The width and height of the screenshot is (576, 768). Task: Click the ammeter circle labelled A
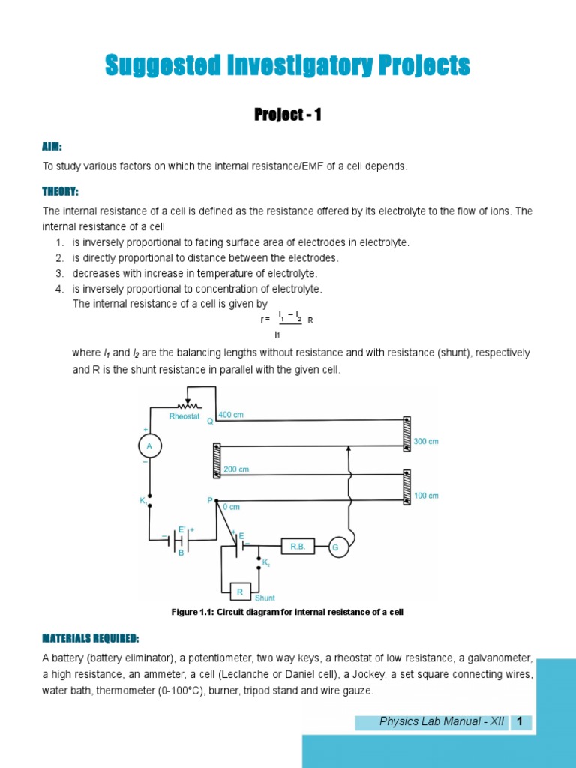click(149, 447)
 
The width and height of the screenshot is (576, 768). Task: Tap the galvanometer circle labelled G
click(335, 548)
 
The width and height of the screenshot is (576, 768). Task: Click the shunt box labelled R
click(241, 592)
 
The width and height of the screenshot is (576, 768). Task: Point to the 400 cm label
click(231, 415)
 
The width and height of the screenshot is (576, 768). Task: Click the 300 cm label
click(426, 442)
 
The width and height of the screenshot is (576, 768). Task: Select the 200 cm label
click(236, 469)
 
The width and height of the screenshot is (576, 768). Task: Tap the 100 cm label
click(426, 496)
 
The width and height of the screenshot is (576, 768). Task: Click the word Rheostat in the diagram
click(184, 415)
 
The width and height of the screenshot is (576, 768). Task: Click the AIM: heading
click(52, 146)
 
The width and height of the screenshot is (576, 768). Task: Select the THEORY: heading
click(60, 192)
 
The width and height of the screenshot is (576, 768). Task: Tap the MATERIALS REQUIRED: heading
click(90, 638)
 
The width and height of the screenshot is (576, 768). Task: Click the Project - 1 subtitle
click(288, 115)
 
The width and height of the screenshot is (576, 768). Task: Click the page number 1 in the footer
click(520, 722)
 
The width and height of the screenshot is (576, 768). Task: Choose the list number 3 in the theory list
click(59, 273)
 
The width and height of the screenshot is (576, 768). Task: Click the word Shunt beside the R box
click(265, 598)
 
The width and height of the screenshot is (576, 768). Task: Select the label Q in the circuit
click(210, 421)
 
